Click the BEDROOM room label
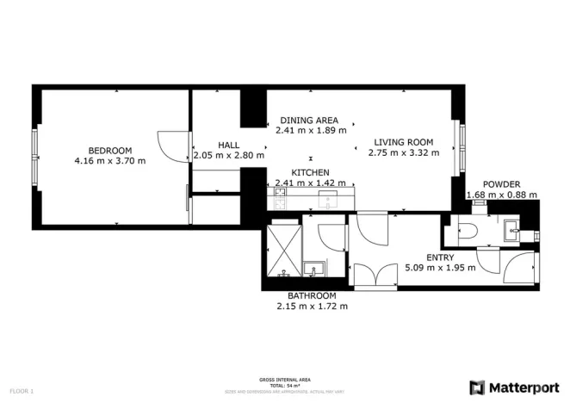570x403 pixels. point(110,149)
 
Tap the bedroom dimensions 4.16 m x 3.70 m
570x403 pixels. point(110,160)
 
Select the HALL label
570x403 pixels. point(228,146)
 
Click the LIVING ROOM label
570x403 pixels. point(403,142)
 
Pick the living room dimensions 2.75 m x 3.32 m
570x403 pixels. point(403,153)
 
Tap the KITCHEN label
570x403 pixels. point(310,172)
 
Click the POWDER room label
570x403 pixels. point(501,184)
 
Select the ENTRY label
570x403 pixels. point(440,257)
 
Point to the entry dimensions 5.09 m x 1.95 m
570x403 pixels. point(440,268)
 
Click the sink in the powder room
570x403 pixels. point(511,228)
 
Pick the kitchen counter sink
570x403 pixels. point(327,200)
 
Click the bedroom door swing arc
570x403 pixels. point(170,145)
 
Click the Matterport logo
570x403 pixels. point(513,387)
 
